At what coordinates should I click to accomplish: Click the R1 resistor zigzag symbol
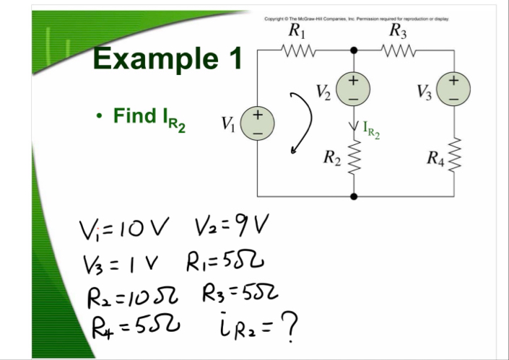(298, 51)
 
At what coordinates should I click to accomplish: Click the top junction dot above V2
(354, 51)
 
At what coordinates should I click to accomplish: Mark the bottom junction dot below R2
(354, 196)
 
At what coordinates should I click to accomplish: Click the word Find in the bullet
(134, 115)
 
